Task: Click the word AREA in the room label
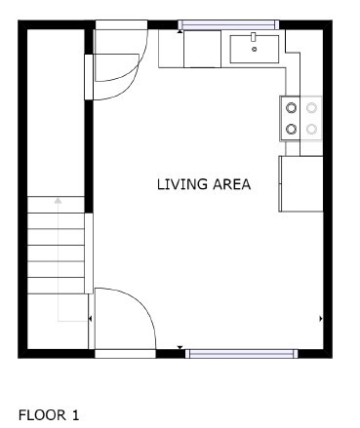(232, 184)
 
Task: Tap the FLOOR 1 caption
(49, 415)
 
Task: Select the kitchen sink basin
(255, 49)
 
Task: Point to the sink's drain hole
(255, 50)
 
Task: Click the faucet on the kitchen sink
(254, 37)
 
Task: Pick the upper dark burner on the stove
(291, 108)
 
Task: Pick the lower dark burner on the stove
(291, 130)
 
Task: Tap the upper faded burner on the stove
(311, 108)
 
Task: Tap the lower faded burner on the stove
(311, 130)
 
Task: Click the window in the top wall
(228, 24)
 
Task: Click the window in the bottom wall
(241, 354)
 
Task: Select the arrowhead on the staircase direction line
(58, 201)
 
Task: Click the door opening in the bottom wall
(125, 354)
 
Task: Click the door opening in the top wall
(121, 24)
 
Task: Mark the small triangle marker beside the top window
(180, 31)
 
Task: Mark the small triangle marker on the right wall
(321, 319)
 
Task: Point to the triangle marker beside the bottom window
(180, 348)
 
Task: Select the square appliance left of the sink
(202, 49)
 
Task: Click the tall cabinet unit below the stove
(300, 184)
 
